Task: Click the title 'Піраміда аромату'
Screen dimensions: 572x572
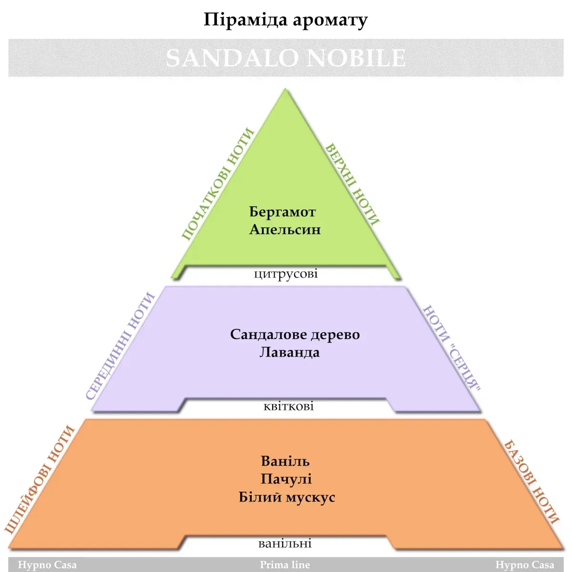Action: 286,20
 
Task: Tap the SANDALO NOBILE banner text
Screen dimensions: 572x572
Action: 286,58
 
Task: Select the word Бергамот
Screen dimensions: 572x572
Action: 282,212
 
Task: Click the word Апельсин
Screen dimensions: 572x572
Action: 285,229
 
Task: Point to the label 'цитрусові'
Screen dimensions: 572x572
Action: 286,274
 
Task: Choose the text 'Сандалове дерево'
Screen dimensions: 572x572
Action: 295,334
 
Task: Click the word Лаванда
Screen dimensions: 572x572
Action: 289,352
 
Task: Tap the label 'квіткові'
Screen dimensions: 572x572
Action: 288,406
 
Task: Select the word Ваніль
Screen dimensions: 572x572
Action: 285,461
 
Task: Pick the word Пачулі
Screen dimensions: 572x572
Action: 286,479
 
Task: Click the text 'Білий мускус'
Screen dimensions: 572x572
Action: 287,497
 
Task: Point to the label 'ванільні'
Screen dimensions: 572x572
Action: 285,543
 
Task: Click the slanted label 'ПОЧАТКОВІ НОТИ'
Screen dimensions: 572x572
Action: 217,184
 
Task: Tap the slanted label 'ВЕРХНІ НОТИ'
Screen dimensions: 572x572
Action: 352,184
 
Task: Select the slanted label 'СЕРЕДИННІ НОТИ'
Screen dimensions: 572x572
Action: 121,346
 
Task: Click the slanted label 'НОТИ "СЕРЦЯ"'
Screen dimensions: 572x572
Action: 451,347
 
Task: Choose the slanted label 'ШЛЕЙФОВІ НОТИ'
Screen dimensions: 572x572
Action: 41,479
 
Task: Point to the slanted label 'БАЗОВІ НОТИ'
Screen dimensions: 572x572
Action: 531,482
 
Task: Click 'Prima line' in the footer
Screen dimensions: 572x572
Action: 285,565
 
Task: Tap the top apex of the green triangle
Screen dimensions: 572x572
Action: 286,90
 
